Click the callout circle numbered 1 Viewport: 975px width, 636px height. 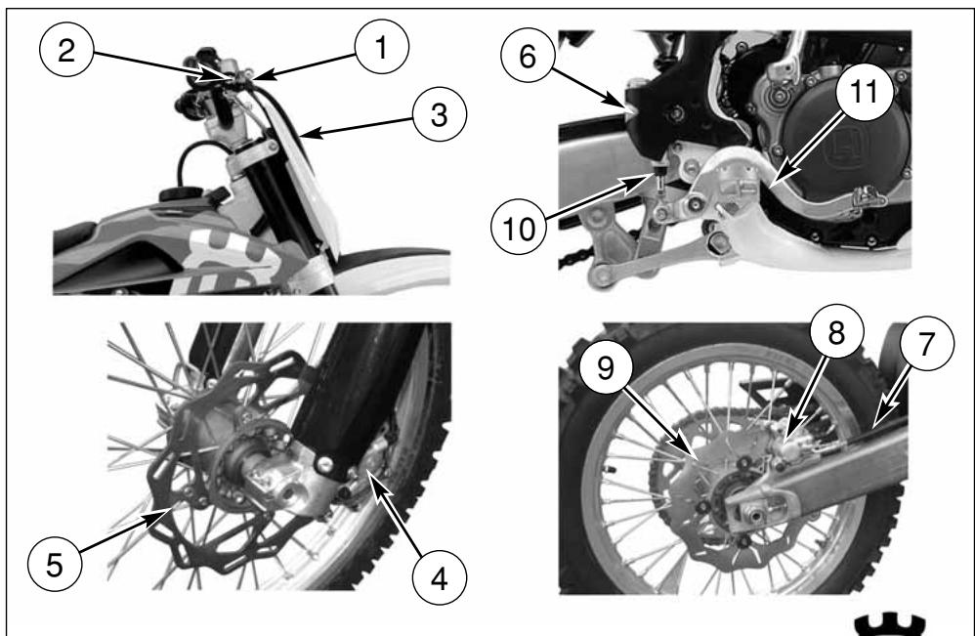point(382,47)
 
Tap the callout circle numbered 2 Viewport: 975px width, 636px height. point(66,49)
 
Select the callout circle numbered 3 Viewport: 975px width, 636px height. point(440,114)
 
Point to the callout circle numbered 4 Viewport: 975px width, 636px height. point(440,578)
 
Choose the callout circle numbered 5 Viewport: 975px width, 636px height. point(55,565)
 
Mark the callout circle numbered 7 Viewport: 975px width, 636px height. point(926,344)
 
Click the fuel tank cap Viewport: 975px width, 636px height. point(182,194)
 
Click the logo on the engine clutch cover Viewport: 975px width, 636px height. point(845,149)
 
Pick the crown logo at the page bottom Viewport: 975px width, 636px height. point(890,625)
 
